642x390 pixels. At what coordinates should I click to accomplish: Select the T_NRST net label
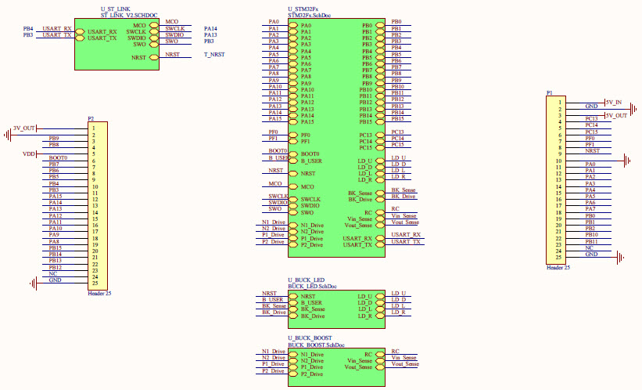coord(214,55)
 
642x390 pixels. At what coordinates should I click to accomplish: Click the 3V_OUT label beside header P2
coord(24,128)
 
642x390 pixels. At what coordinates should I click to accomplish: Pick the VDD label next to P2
coord(30,154)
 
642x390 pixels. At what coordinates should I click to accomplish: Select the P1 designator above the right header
coord(550,93)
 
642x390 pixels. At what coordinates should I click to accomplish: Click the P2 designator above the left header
coord(91,117)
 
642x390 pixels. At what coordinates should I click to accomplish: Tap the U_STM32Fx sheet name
coord(304,9)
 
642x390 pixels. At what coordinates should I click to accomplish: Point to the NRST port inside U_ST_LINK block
coord(138,58)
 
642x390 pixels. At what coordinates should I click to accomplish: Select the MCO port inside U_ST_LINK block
coord(140,25)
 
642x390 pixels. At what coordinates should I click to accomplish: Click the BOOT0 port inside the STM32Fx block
coord(310,153)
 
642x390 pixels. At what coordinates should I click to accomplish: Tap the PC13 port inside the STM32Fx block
coord(365,135)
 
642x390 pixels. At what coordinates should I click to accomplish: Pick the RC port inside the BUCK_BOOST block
coord(368,354)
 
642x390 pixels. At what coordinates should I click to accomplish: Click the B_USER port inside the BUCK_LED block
coord(312,303)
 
